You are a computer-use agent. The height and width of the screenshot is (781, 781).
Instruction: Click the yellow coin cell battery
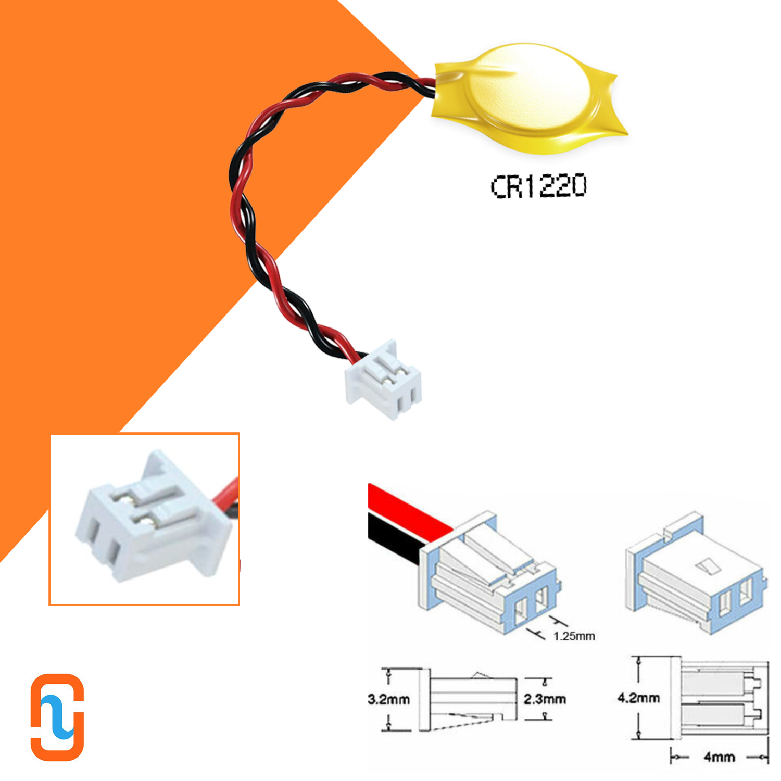[528, 99]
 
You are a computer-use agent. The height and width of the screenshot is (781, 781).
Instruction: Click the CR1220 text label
[539, 186]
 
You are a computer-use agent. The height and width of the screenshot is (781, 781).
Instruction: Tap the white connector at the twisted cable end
[384, 380]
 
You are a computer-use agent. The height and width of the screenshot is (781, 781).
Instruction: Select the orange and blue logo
[57, 717]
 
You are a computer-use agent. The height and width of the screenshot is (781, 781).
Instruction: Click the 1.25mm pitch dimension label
[574, 636]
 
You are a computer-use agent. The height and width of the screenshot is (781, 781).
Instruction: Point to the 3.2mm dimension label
[388, 699]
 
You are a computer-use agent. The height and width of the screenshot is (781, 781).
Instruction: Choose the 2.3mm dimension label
[545, 699]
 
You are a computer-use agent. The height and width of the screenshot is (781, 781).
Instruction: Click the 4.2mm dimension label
[638, 698]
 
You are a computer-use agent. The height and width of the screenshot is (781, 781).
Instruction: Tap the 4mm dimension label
[719, 757]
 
